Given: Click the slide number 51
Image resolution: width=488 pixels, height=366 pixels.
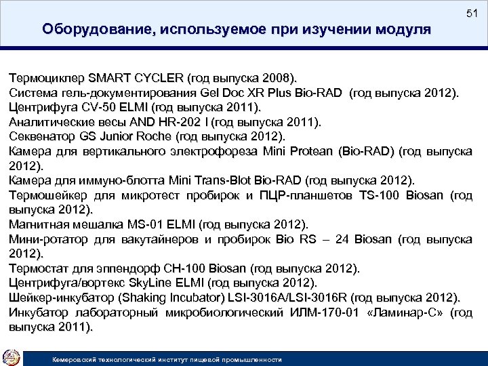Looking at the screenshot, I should (472, 14).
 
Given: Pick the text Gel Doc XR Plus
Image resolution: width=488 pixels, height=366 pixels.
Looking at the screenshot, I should (241, 92).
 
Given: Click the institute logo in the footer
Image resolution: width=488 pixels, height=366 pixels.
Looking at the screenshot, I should (12, 356).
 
